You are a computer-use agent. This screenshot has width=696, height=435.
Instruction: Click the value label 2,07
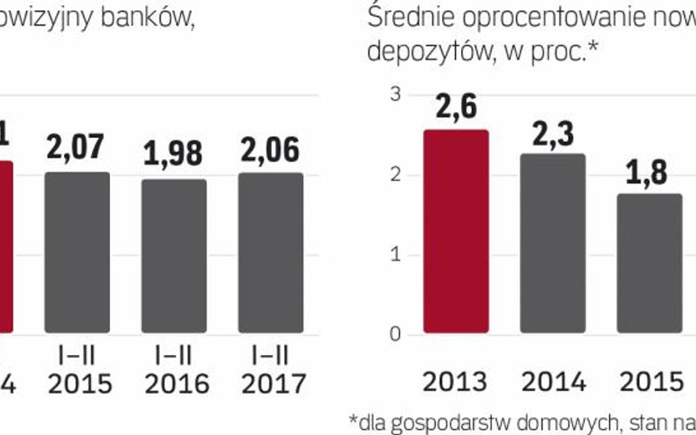(77, 147)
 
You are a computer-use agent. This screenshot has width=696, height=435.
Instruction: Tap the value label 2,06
(270, 149)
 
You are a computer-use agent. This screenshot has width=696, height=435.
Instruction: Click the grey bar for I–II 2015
(77, 253)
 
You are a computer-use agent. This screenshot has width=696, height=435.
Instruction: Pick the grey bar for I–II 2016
(174, 256)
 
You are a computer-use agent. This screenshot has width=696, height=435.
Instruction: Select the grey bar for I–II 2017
(270, 253)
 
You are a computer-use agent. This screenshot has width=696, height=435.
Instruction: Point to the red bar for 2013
(456, 232)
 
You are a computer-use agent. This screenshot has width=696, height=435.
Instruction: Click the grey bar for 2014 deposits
(553, 244)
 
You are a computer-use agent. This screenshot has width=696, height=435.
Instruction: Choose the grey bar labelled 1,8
(649, 263)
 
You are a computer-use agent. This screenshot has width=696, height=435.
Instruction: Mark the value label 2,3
(553, 134)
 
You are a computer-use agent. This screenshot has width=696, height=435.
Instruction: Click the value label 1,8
(648, 173)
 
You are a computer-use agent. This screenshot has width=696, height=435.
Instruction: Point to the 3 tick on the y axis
(395, 95)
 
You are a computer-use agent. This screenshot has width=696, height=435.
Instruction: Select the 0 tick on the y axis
(395, 335)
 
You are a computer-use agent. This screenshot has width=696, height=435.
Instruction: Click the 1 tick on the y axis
(395, 255)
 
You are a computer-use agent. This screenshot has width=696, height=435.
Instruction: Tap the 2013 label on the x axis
(456, 381)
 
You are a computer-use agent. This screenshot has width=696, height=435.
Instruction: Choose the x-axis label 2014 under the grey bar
(553, 381)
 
